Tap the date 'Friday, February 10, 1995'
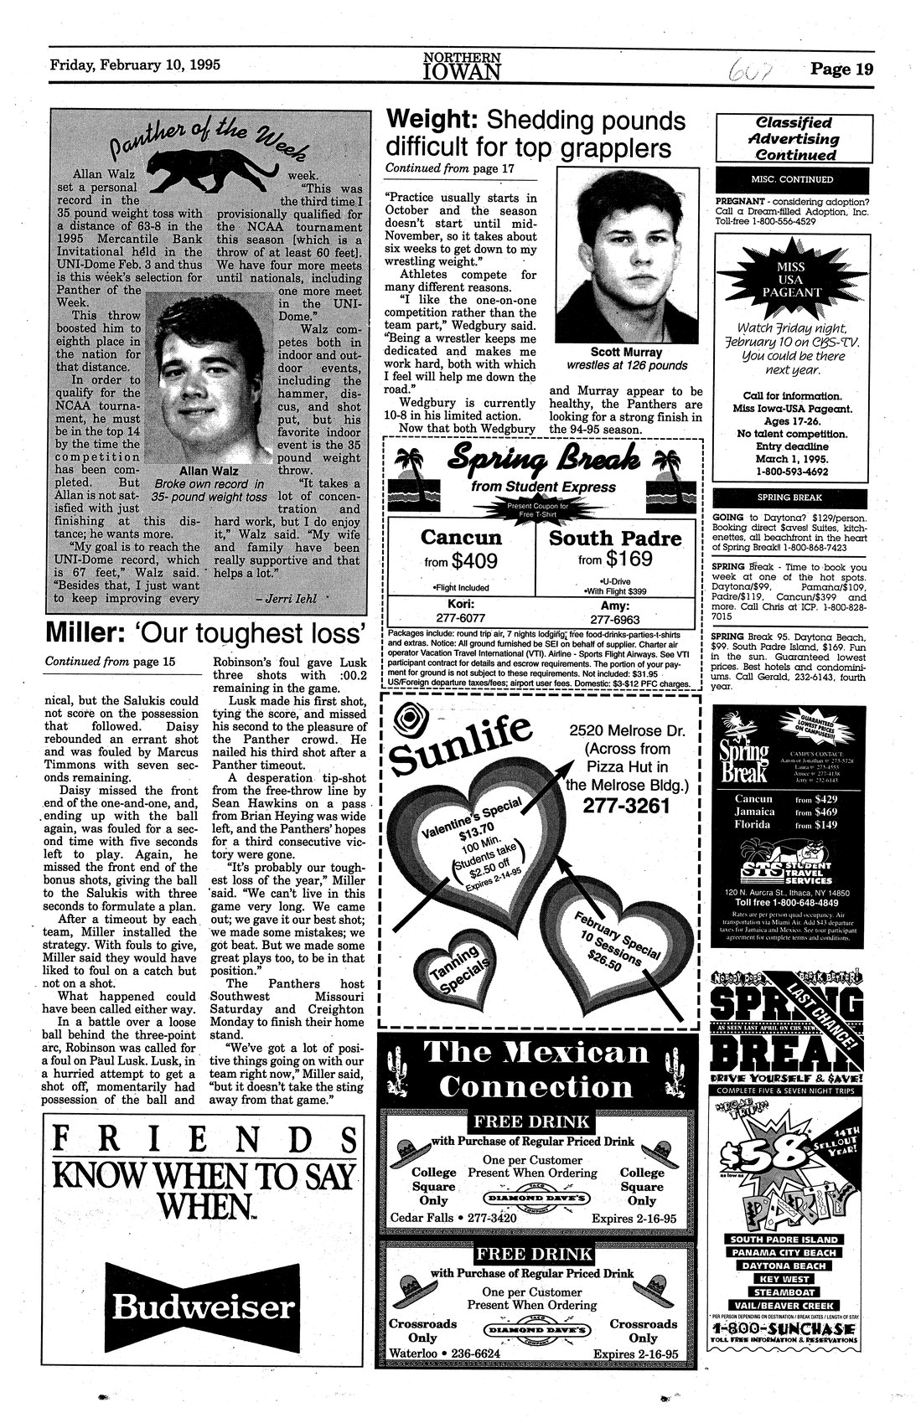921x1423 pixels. point(135,65)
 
